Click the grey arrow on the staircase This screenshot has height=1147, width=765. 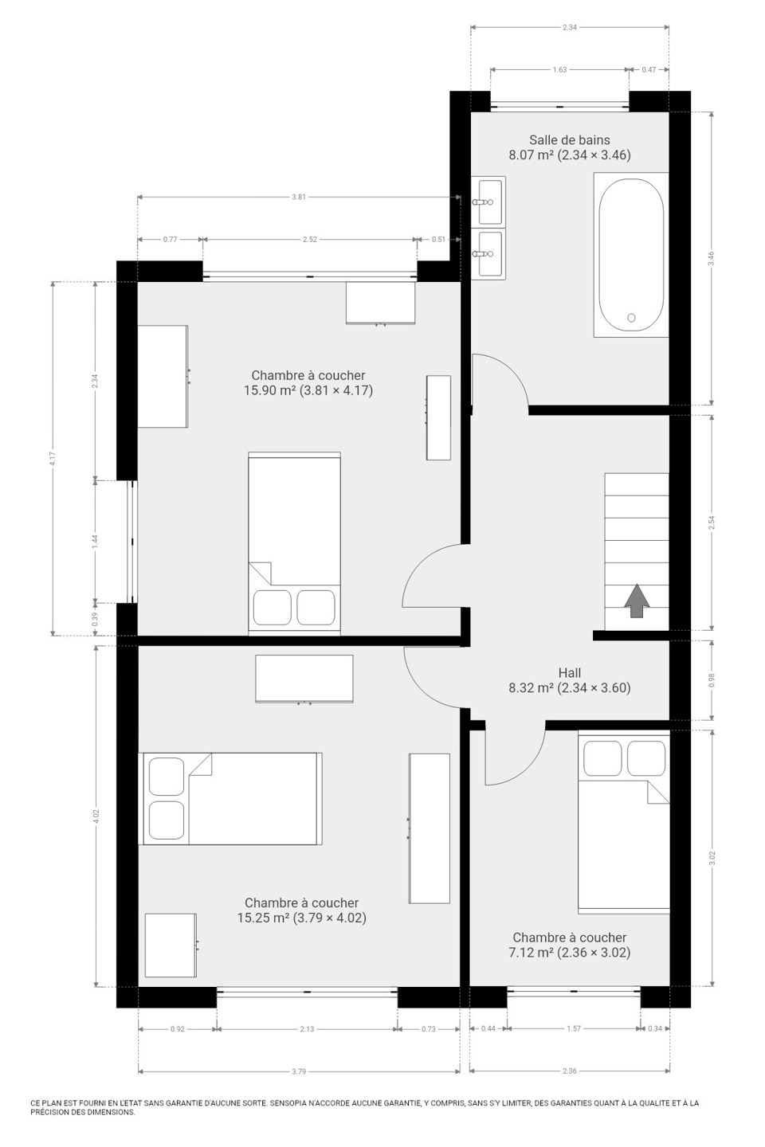pyautogui.click(x=637, y=601)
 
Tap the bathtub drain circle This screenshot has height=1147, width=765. pyautogui.click(x=631, y=318)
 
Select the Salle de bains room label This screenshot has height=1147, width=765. pyautogui.click(x=569, y=147)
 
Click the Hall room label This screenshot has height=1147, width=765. pyautogui.click(x=569, y=680)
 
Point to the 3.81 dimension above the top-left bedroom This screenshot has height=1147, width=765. pyautogui.click(x=299, y=197)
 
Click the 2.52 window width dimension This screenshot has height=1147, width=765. pyautogui.click(x=310, y=239)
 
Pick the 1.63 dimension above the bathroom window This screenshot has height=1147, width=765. pyautogui.click(x=560, y=69)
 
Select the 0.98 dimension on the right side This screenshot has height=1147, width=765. pyautogui.click(x=711, y=680)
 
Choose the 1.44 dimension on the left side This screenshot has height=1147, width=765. pyautogui.click(x=95, y=542)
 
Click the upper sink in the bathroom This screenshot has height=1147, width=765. pyautogui.click(x=488, y=202)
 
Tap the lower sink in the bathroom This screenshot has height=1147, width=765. pyautogui.click(x=488, y=253)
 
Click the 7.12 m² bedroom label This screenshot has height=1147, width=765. pyautogui.click(x=569, y=945)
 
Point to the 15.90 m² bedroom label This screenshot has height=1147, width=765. pyautogui.click(x=308, y=382)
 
